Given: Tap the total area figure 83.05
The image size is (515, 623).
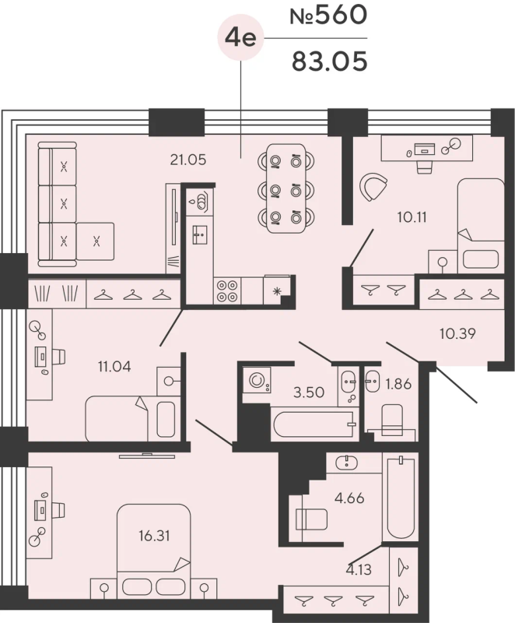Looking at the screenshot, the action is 329,62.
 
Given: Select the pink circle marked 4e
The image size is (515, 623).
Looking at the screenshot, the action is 240,37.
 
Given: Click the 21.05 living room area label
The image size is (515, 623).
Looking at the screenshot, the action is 188,160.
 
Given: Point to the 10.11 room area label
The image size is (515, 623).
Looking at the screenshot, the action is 412,217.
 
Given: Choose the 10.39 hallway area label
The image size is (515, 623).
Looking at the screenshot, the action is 457,333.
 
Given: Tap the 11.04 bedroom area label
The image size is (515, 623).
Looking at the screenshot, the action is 114,366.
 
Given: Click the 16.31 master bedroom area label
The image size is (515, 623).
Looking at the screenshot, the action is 154,536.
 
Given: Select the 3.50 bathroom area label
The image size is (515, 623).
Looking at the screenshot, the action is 309,392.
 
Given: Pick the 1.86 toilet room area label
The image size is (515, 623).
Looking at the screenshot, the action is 398,384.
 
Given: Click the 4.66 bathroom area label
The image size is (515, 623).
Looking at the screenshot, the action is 349,498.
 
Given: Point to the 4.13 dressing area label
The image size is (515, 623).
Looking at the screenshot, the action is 359,570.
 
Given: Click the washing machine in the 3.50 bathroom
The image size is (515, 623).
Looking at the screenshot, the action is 257,380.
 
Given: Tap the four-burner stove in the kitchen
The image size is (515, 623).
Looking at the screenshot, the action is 227,290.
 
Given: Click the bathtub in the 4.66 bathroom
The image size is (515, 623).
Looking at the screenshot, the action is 401,498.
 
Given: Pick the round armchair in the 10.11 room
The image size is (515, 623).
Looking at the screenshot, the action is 373,187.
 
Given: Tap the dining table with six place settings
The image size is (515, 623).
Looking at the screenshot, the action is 286,188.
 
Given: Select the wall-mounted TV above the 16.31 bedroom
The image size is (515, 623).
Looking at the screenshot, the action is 147,456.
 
